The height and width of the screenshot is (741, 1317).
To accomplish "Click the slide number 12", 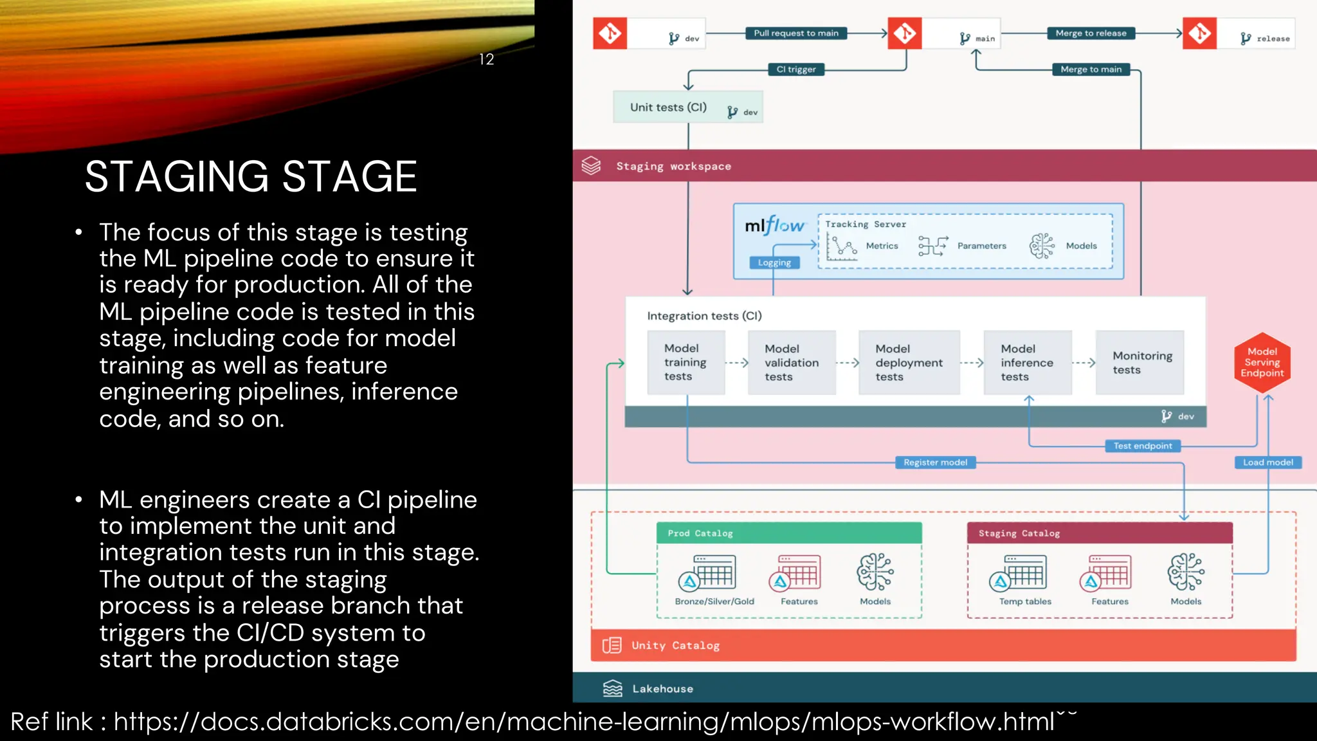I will tap(486, 59).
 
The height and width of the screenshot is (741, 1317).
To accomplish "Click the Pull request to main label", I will tap(795, 33).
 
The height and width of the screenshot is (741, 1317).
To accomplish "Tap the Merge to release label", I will tap(1091, 33).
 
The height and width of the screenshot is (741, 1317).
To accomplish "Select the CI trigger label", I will tap(795, 69).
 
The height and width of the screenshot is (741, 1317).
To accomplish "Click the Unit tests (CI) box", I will tap(687, 107).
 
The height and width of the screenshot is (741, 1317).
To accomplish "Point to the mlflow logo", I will tap(774, 226).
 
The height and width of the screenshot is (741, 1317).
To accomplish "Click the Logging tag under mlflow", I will tap(774, 262).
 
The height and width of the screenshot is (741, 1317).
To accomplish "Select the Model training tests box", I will tap(686, 362).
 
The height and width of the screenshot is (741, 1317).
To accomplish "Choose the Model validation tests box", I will tap(791, 363).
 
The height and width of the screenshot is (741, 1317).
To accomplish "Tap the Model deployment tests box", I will tap(908, 363).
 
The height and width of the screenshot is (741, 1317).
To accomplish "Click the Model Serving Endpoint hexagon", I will tap(1262, 362).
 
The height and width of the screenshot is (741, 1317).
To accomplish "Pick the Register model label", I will tap(935, 462).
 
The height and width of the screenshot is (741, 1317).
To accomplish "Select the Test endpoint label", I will tap(1142, 446).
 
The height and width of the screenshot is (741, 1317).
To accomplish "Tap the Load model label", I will tap(1267, 462).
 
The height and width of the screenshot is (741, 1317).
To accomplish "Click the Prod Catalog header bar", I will tap(788, 533).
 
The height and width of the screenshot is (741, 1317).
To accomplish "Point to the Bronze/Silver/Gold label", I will tap(714, 601).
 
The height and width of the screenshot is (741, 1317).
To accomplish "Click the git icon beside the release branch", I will tap(1199, 33).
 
